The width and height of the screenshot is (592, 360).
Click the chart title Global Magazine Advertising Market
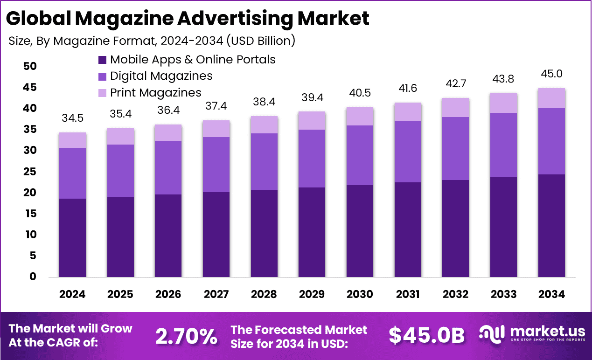point(188,18)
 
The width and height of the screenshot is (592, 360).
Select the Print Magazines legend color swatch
point(102,92)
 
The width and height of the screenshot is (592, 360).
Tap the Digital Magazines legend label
point(161,76)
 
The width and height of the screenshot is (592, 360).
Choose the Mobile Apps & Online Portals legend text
point(192,60)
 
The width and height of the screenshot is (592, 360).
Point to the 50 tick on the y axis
point(30,66)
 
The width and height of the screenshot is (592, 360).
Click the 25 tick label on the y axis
point(30,172)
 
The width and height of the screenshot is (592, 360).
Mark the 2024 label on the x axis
point(72,294)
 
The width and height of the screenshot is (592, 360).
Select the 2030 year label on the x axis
point(360,294)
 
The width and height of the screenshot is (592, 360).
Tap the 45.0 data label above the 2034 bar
point(551,74)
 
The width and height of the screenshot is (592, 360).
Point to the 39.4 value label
point(312,98)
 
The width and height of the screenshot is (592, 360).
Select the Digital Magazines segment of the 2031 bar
point(408,152)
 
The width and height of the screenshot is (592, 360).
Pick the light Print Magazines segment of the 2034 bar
point(551,98)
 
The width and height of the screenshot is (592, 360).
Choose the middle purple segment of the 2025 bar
point(120,171)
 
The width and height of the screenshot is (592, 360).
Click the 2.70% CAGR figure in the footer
point(186,336)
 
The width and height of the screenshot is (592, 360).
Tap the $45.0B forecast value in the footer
point(426,336)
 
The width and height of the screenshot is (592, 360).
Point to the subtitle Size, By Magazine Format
point(152,41)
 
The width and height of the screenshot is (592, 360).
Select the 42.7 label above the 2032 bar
point(455,84)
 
